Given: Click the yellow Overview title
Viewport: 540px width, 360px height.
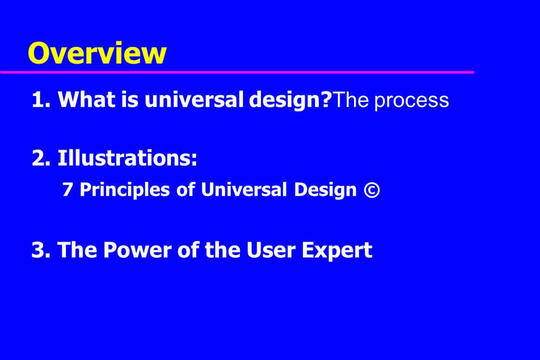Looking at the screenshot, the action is coord(97,53).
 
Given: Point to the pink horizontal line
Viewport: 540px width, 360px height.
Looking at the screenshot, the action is coord(237,72).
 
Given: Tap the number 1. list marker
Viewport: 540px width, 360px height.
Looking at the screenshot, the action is coord(41,100).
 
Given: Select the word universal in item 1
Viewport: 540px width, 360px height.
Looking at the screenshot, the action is coord(194,99).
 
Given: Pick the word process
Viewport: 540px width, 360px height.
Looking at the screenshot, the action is coord(412,101).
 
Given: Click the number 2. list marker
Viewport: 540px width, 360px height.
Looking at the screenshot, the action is coord(41,158).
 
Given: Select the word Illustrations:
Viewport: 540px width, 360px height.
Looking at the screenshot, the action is coord(127,158).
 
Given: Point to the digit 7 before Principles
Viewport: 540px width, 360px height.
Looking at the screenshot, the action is coord(67,190).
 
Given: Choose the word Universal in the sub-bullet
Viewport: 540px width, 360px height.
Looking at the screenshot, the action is coord(244,190).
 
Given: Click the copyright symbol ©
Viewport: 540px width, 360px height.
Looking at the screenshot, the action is coord(372,190).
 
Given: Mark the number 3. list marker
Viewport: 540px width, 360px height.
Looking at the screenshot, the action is coord(41,250).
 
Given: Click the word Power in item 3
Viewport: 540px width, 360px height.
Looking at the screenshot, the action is coord(137,250).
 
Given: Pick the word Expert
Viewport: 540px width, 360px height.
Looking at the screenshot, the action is coord(337,251).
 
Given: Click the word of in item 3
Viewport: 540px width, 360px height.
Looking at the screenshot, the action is coord(188,249).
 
